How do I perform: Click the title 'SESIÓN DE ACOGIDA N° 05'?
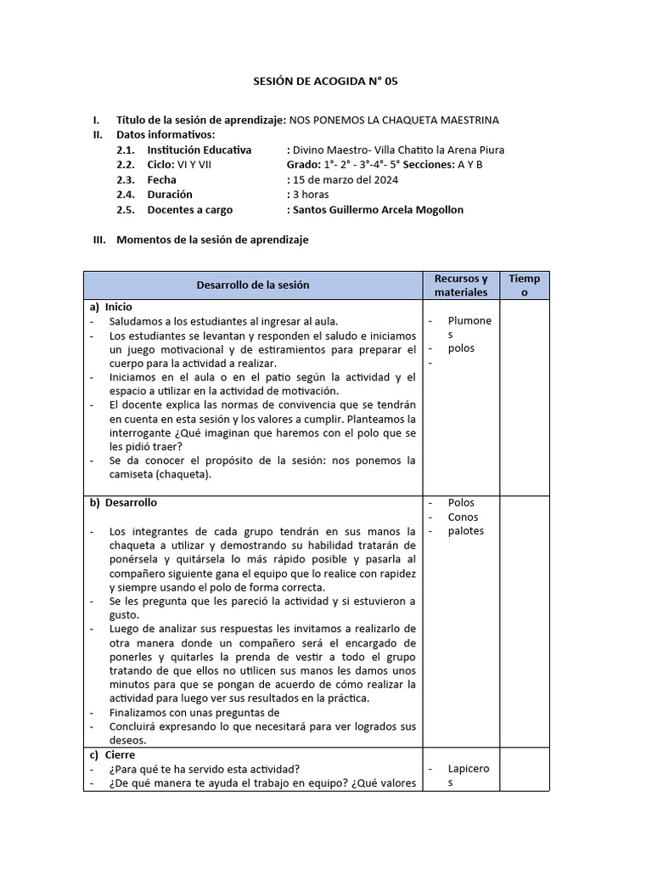[x=326, y=82]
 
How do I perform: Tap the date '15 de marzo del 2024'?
[x=346, y=179]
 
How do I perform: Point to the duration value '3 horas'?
[x=312, y=195]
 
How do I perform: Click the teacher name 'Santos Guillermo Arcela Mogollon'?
[x=378, y=210]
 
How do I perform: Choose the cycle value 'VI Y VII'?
[x=194, y=165]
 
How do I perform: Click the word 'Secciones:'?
[x=429, y=165]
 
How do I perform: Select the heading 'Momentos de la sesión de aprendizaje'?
[x=212, y=240]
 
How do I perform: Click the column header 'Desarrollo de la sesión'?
[x=253, y=285]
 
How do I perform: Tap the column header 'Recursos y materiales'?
[x=460, y=285]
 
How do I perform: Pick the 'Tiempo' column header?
[x=524, y=285]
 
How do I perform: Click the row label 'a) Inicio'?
[x=111, y=307]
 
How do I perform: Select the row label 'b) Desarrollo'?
[x=123, y=502]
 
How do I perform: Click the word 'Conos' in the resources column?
[x=463, y=517]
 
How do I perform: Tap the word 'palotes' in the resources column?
[x=465, y=531]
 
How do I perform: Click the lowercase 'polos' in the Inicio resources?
[x=462, y=348]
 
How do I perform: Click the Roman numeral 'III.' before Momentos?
[x=99, y=240]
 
